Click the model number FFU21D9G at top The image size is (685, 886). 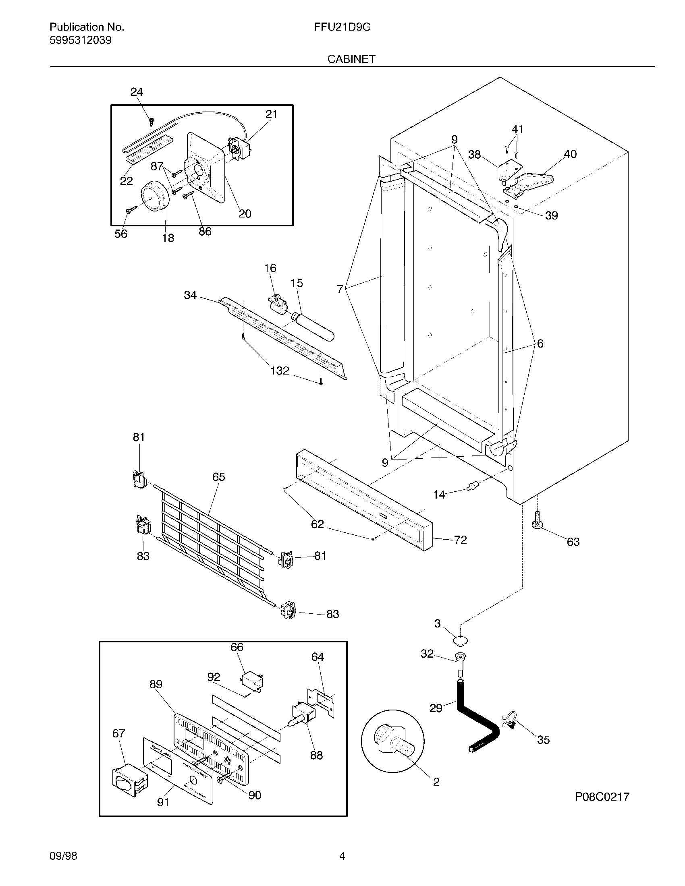pos(342,27)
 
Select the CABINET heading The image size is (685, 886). pos(351,59)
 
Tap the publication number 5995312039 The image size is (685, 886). pos(80,40)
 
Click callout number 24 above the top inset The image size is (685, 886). pos(137,92)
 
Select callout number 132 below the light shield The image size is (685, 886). pos(280,371)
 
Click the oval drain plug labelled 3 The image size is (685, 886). pos(460,641)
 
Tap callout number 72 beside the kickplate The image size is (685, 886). pos(460,540)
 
